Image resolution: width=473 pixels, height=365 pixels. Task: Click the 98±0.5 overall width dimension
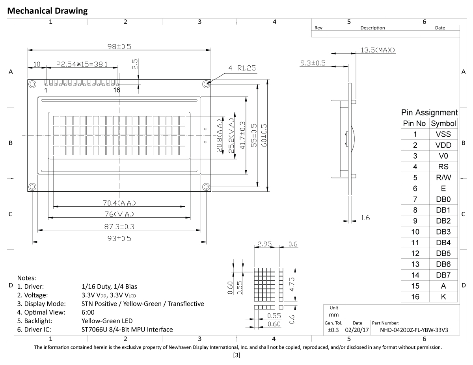click(x=120, y=46)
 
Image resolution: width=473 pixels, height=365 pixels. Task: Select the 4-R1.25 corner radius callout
click(x=242, y=68)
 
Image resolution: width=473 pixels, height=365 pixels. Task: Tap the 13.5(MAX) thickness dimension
click(x=378, y=50)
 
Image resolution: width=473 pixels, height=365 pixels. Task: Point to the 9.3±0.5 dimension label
click(x=313, y=63)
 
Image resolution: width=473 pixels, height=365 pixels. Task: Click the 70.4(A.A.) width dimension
click(x=119, y=203)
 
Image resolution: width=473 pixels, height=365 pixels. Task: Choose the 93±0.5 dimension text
click(x=119, y=239)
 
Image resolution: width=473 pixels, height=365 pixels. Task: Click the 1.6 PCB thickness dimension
click(x=365, y=218)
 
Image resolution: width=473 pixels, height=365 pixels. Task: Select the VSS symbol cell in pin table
click(x=443, y=134)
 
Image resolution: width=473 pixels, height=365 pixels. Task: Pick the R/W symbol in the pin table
click(x=443, y=178)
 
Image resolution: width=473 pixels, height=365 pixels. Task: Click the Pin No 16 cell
click(x=415, y=297)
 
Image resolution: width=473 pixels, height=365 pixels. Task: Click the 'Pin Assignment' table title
click(x=429, y=113)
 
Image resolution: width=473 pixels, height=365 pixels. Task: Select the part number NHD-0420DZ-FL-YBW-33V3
click(x=414, y=330)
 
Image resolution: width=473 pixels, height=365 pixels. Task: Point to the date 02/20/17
click(x=357, y=330)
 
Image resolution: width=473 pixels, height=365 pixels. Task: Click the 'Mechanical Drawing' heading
click(x=47, y=11)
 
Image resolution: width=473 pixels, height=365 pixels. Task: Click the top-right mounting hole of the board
click(x=206, y=84)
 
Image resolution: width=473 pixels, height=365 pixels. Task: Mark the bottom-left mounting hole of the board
click(x=32, y=187)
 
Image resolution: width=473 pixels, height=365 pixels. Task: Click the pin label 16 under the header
click(x=117, y=90)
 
